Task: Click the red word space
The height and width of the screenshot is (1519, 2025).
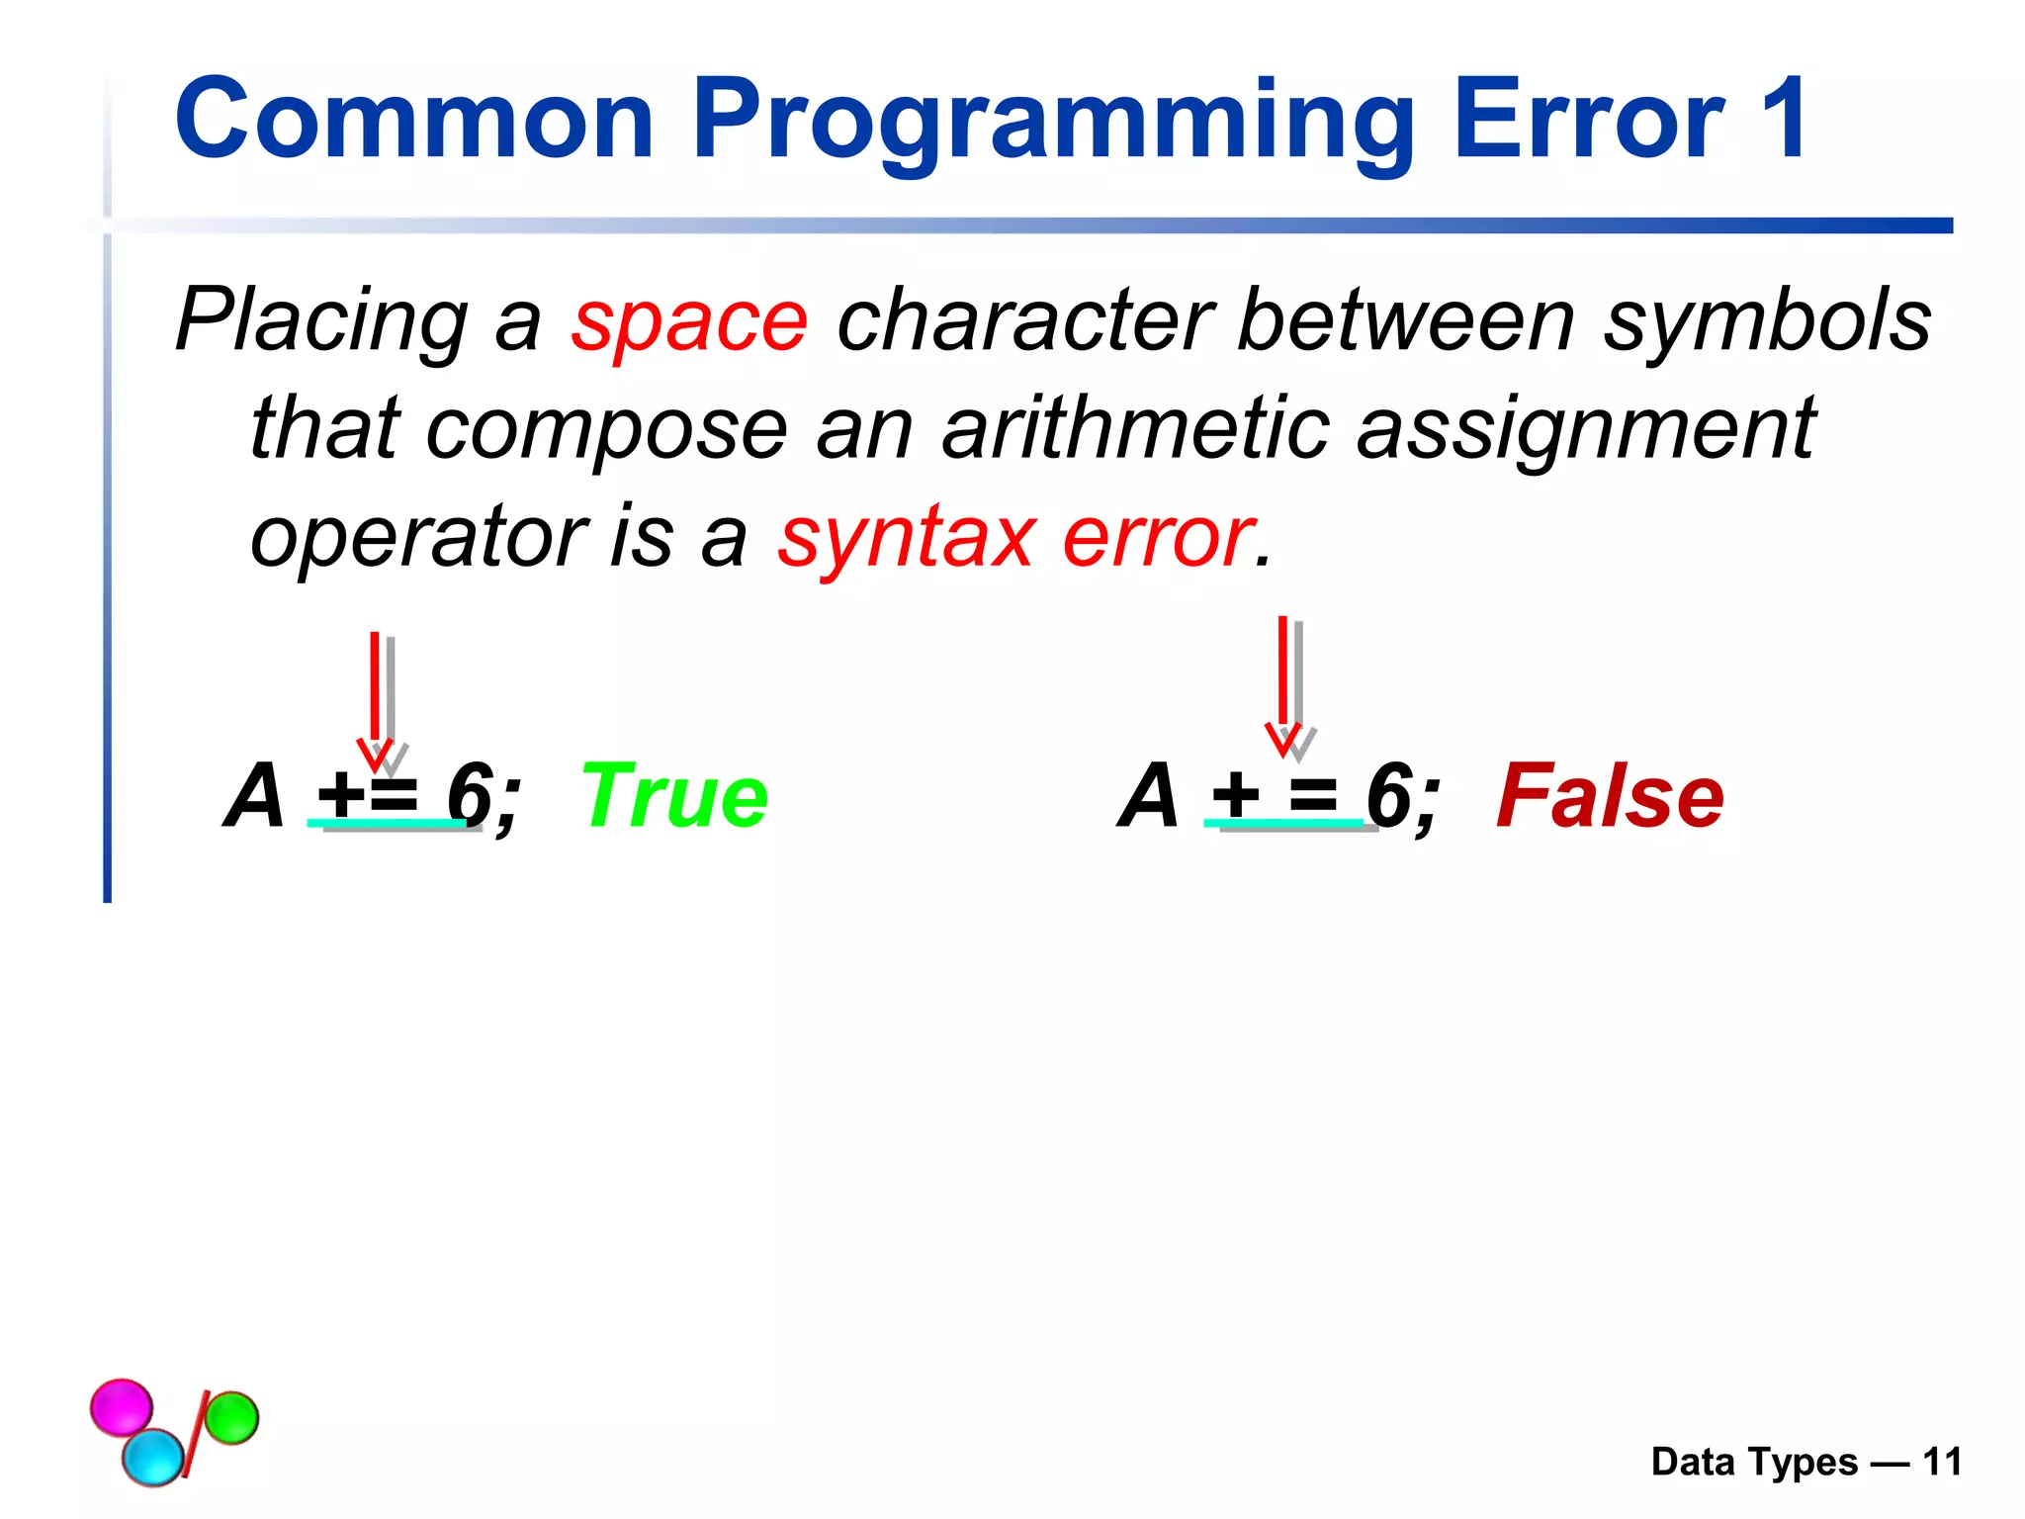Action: click(689, 321)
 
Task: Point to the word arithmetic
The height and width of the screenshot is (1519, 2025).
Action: click(1135, 428)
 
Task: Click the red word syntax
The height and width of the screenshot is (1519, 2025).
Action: click(906, 539)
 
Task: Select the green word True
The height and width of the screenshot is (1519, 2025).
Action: click(674, 797)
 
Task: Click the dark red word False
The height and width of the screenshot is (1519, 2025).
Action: click(1610, 797)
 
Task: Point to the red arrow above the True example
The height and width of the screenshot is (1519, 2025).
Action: click(375, 697)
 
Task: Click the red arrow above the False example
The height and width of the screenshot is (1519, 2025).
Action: click(1282, 682)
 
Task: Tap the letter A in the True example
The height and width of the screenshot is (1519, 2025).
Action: click(255, 795)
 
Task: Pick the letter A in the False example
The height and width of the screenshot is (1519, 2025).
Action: click(1149, 795)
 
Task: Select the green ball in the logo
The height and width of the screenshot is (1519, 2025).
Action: click(233, 1417)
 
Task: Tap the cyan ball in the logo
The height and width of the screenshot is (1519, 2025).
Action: click(153, 1457)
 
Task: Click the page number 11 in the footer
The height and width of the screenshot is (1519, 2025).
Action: click(1941, 1462)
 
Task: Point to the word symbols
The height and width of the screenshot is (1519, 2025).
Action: click(1766, 321)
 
